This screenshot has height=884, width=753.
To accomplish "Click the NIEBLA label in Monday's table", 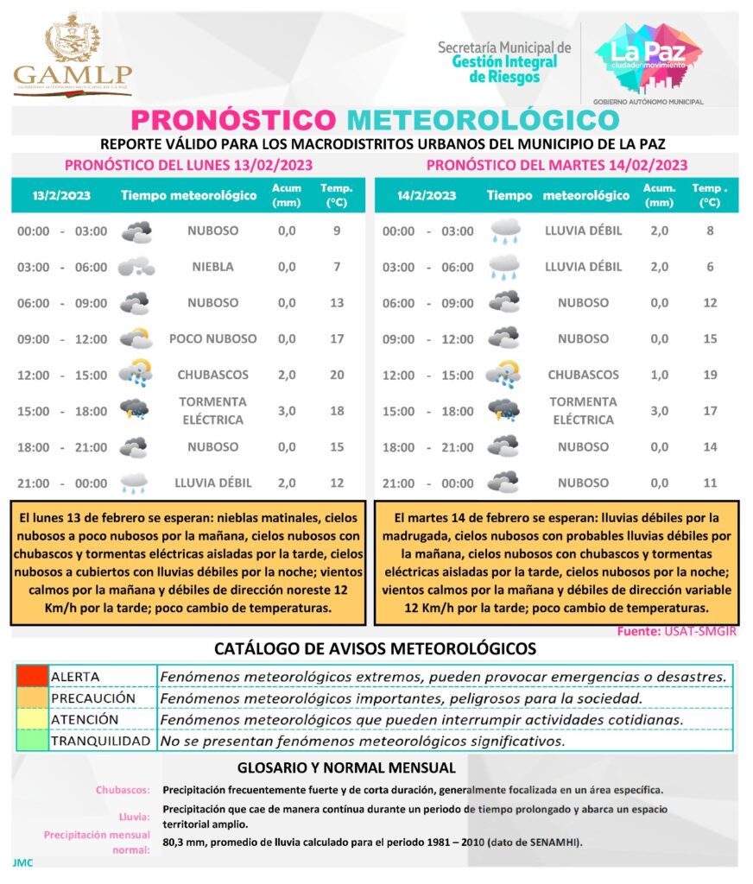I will tap(212, 267).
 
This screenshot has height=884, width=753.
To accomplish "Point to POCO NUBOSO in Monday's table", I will tap(212, 338).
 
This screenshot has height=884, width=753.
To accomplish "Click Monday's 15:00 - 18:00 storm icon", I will tap(135, 410).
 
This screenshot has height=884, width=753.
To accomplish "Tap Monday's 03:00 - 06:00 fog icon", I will tap(136, 267).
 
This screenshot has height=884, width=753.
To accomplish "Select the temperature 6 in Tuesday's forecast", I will tap(710, 267).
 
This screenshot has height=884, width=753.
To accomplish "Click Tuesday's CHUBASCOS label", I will tap(583, 375).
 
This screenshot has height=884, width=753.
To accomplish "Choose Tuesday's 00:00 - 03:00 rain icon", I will tap(504, 231).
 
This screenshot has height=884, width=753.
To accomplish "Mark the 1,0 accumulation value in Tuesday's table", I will tap(659, 375).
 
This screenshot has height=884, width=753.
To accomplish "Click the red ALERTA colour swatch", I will tap(31, 675).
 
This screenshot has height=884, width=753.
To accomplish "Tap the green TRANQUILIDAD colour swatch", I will tap(31, 741).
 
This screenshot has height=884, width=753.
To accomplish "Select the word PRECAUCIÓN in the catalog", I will tap(93, 697).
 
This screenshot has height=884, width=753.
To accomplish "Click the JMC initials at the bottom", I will tap(22, 862).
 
